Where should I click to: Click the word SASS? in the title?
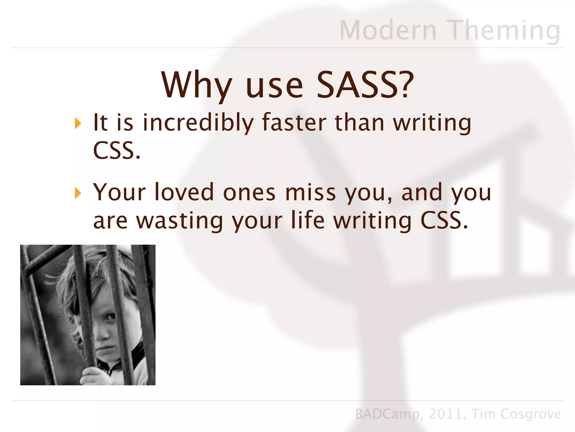[x=365, y=85]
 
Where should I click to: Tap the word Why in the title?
[x=197, y=85]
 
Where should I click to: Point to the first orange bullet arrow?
[x=78, y=123]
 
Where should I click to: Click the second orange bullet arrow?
[x=78, y=193]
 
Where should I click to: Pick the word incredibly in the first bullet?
[x=198, y=123]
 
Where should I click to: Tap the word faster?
[x=294, y=123]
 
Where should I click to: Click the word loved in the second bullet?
[x=184, y=192]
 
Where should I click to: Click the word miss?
[x=310, y=192]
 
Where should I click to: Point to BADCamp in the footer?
[x=387, y=414]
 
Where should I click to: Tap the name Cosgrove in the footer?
[x=531, y=414]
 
